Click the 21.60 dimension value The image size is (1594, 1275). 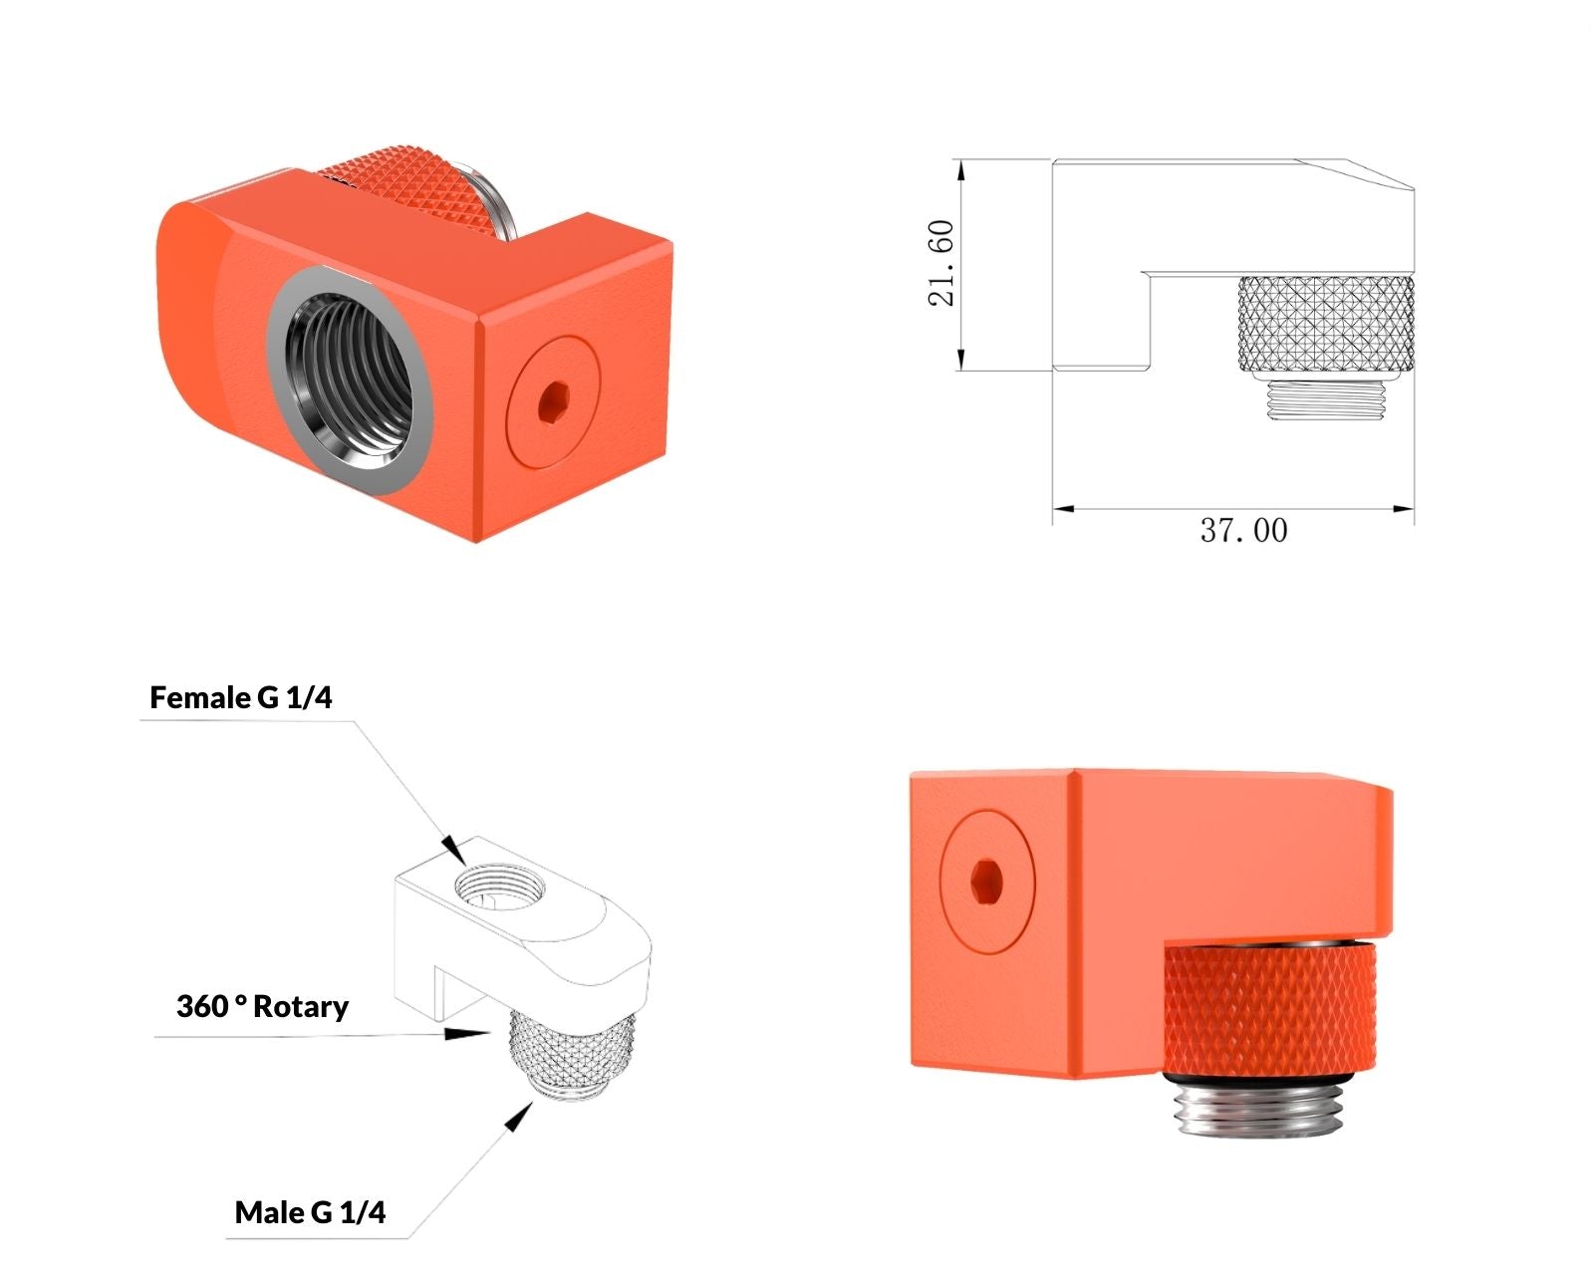[x=940, y=263]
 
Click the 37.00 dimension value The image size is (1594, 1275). [x=1243, y=531]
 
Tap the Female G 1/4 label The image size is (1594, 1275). [x=241, y=697]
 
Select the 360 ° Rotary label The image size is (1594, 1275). [x=262, y=1006]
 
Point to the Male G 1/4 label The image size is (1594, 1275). [x=311, y=1212]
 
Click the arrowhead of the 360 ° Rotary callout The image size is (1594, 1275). [x=466, y=1033]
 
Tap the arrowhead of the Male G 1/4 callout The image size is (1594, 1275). [x=519, y=1117]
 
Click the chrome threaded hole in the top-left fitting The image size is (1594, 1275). [x=349, y=381]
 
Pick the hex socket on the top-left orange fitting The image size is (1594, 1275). [x=553, y=403]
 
